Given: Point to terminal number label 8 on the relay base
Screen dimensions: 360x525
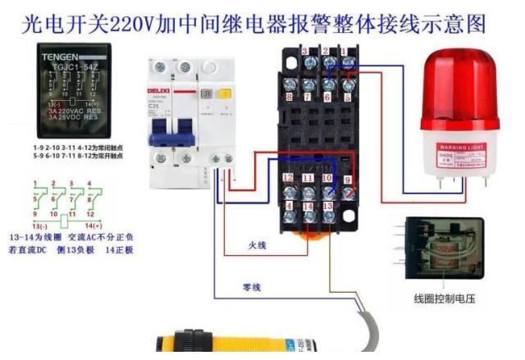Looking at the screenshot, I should pyautogui.click(x=290, y=96).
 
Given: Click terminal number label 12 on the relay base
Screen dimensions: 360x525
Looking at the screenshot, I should pyautogui.click(x=288, y=178).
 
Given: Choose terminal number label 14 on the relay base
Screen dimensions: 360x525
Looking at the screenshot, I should pyautogui.click(x=308, y=207).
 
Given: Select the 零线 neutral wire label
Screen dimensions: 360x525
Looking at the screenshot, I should pyautogui.click(x=252, y=287).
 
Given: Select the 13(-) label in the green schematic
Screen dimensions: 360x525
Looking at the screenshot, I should pyautogui.click(x=39, y=225).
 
